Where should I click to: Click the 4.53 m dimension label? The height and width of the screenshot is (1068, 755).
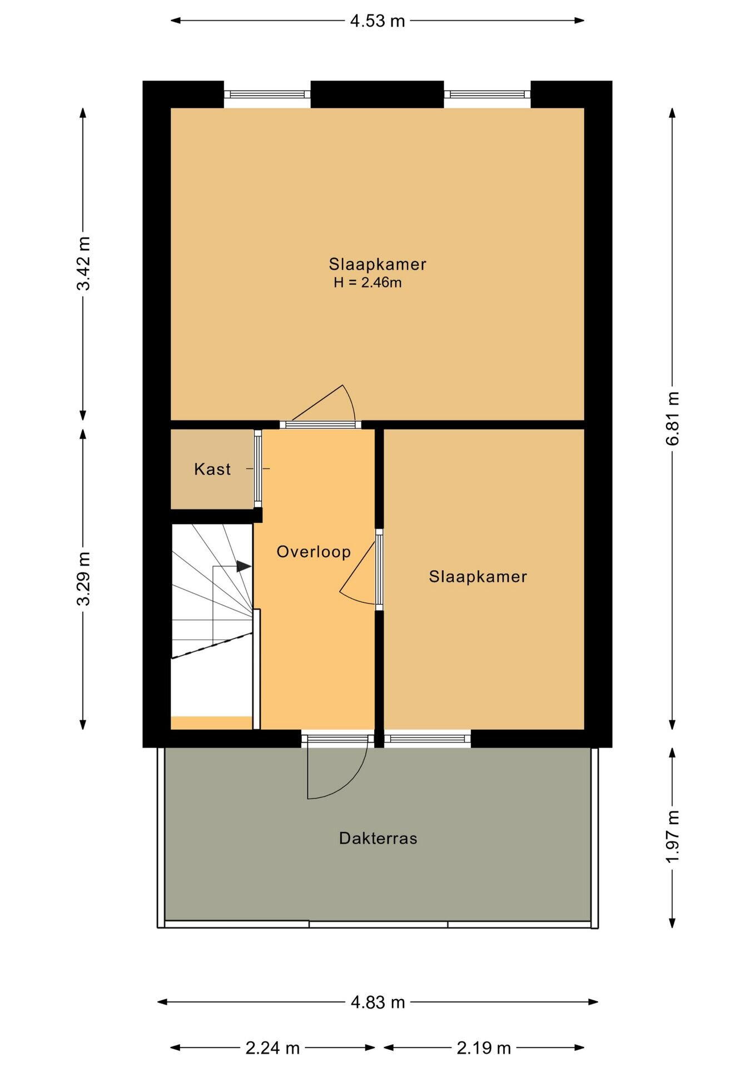click(377, 21)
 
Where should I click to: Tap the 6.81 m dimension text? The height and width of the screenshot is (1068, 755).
click(673, 418)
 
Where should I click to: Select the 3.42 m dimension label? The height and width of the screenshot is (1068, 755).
click(83, 263)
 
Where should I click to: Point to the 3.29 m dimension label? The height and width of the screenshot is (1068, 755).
click(83, 578)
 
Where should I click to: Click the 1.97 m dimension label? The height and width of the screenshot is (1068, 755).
click(673, 837)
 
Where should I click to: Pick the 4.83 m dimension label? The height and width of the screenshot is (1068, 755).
click(377, 1002)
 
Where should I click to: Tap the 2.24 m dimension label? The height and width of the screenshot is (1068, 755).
click(272, 1048)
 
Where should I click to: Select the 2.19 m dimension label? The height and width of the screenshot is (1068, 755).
click(484, 1048)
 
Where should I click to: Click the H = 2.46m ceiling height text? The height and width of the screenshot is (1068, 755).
click(367, 283)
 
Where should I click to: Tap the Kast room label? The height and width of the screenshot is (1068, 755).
click(212, 469)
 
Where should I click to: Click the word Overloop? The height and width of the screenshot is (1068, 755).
click(314, 552)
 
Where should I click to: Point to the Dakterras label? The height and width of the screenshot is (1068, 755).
click(378, 838)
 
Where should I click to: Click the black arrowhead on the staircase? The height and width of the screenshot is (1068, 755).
click(244, 566)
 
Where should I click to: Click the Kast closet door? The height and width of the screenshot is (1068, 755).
click(258, 468)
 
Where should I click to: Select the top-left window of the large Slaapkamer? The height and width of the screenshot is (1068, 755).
click(267, 95)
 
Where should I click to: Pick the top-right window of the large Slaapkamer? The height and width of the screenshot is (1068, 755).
click(487, 95)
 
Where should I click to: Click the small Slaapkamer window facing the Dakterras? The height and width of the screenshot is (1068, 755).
click(427, 739)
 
